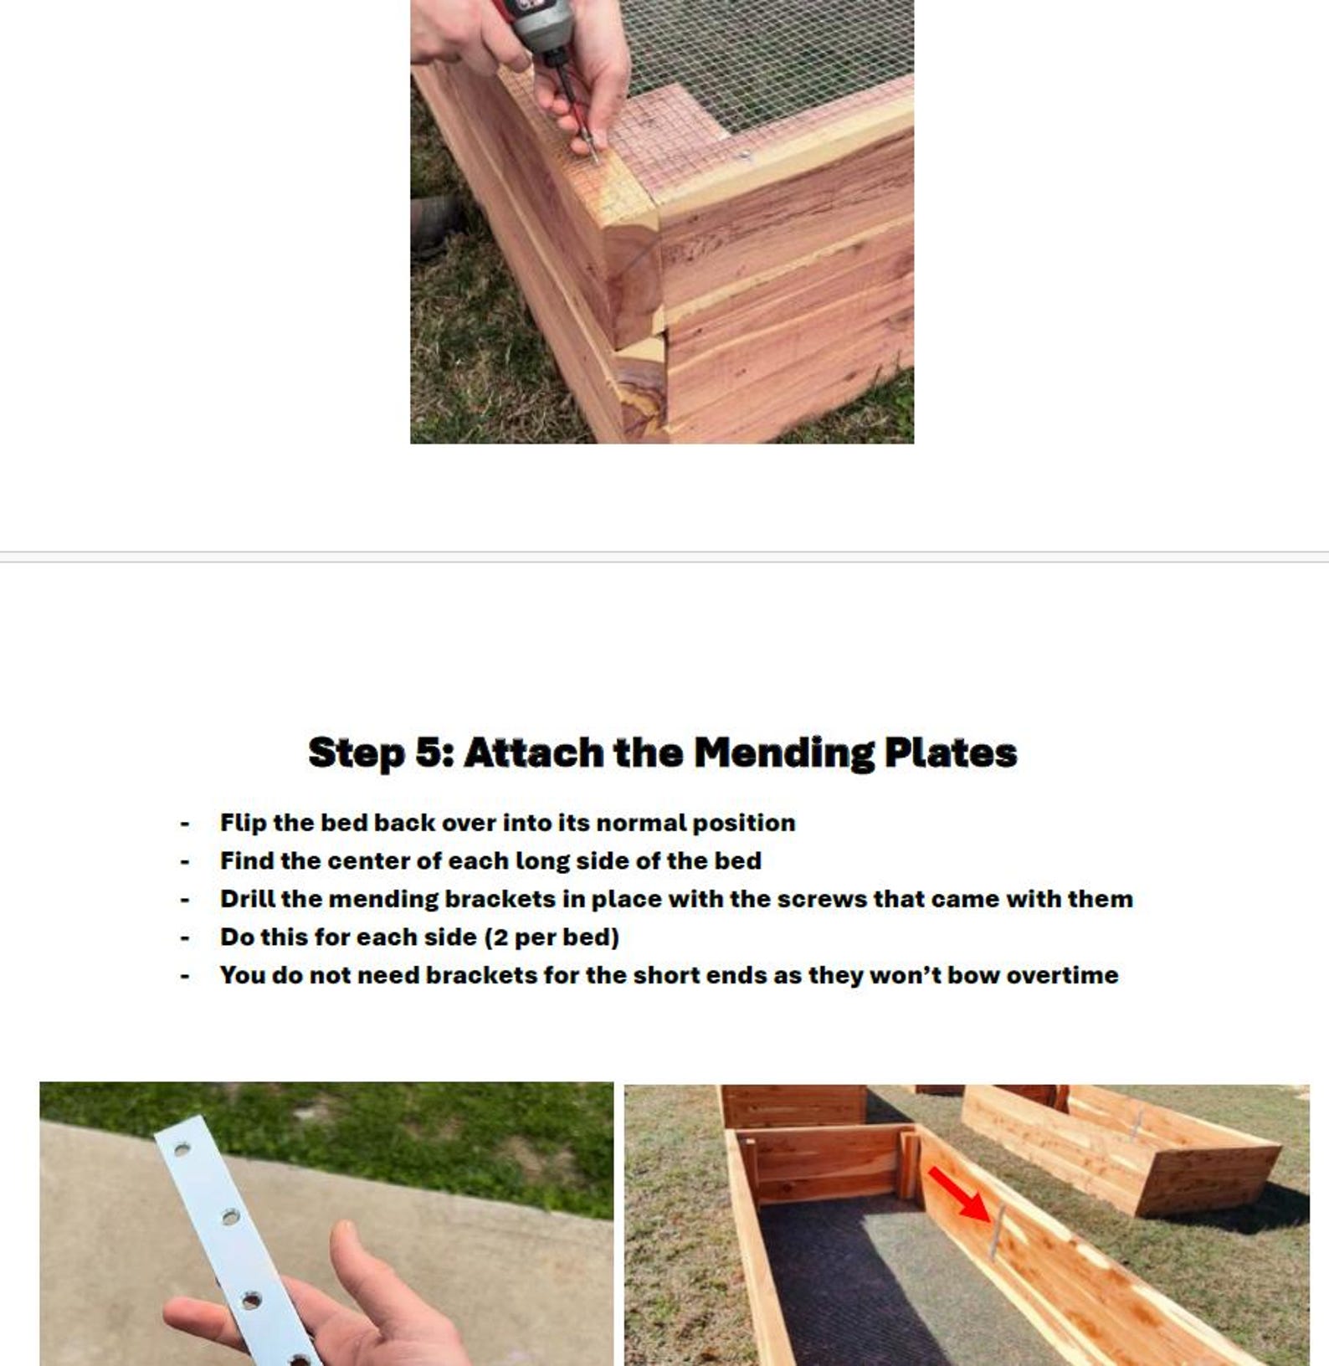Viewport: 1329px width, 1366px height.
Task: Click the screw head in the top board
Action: click(x=745, y=155)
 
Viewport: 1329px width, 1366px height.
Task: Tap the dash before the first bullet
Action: click(x=185, y=824)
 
